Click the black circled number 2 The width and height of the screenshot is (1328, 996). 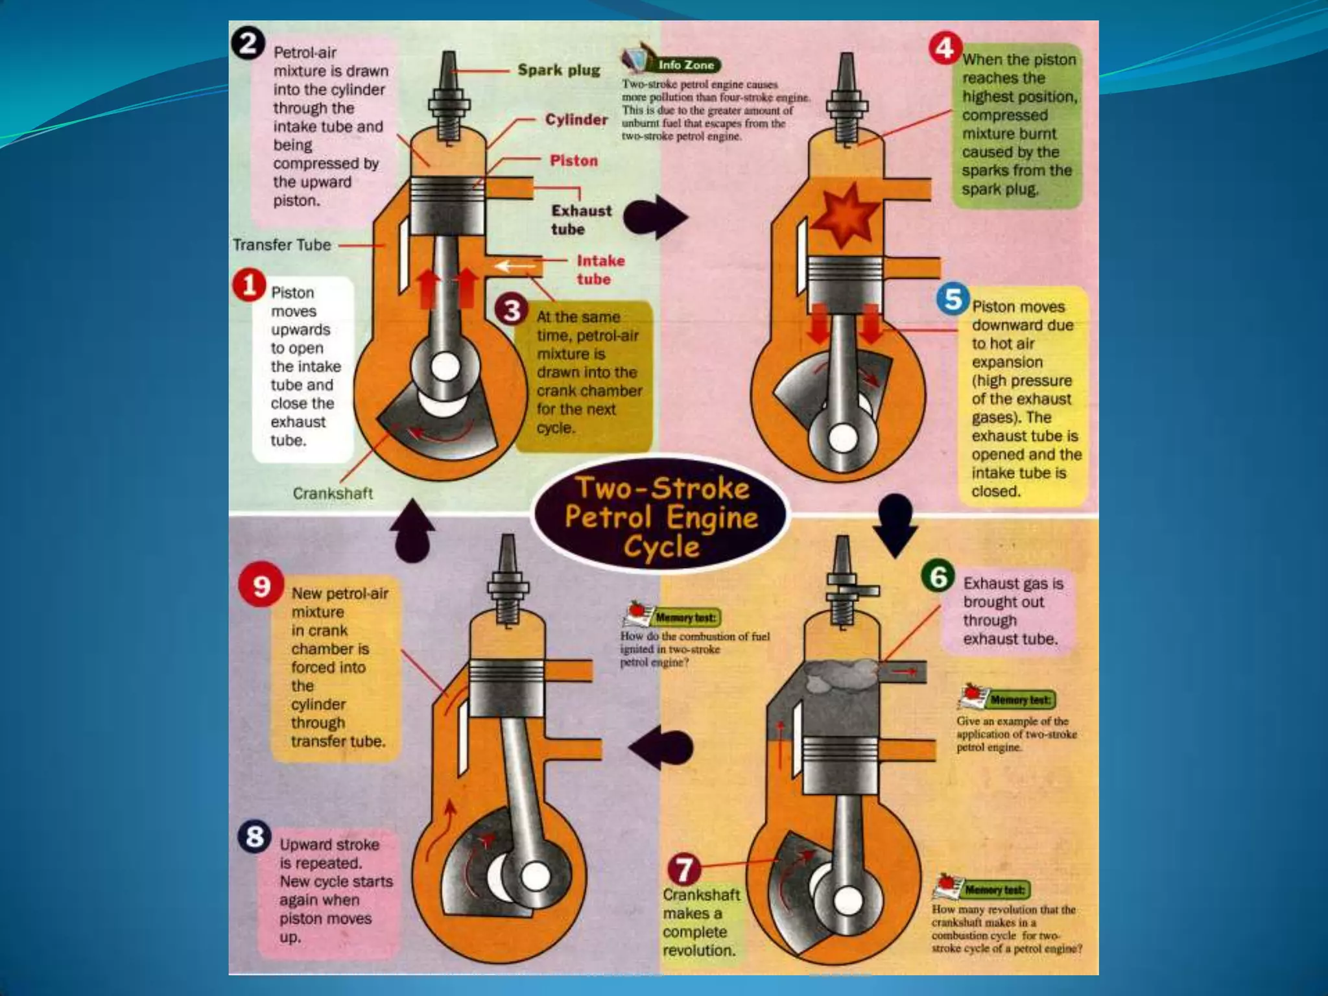[x=248, y=45]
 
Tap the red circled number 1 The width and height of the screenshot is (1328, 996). [x=250, y=286]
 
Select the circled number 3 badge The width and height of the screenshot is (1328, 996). [x=512, y=311]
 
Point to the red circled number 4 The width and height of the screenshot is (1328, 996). [x=945, y=49]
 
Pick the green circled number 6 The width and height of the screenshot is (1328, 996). [x=938, y=576]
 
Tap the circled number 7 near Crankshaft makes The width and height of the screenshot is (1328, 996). [x=685, y=870]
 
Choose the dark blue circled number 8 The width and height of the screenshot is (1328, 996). [x=255, y=837]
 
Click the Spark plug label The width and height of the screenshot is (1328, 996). [x=559, y=71]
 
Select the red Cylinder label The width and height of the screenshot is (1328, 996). [x=576, y=120]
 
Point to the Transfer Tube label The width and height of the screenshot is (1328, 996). [x=282, y=245]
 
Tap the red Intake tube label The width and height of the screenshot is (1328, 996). [x=600, y=270]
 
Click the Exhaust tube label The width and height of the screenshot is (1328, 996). [x=581, y=220]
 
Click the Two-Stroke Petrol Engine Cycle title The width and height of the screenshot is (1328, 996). [x=661, y=517]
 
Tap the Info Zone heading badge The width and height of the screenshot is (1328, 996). [x=685, y=65]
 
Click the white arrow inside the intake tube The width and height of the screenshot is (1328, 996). [x=515, y=266]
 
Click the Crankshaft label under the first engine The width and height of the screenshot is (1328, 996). [x=333, y=493]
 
